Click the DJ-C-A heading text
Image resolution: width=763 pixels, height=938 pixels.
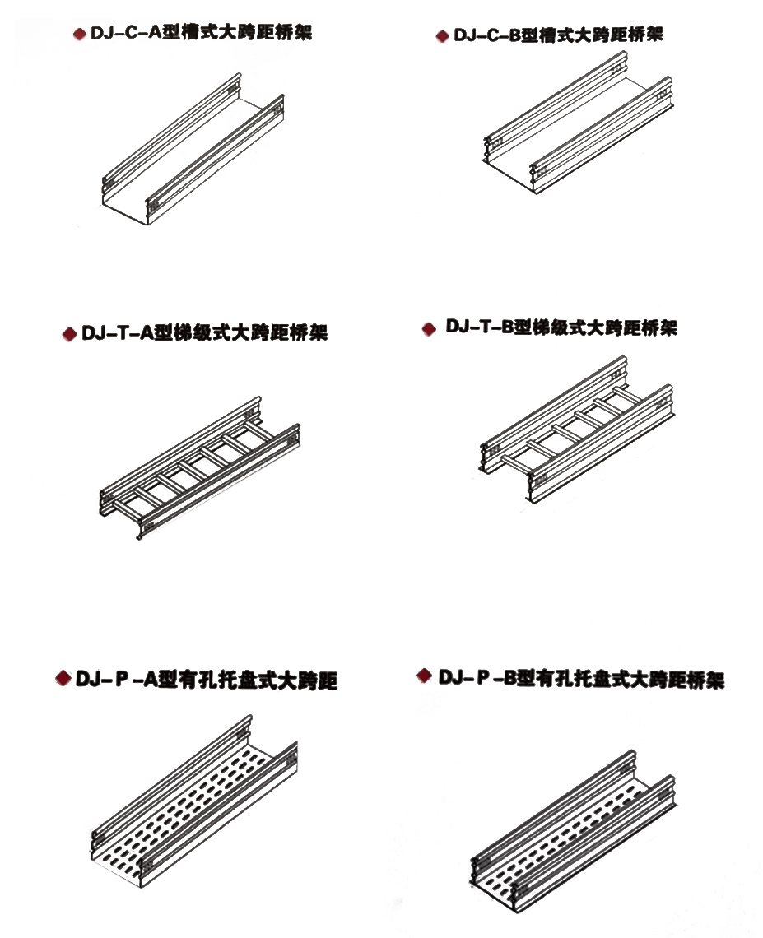[201, 32]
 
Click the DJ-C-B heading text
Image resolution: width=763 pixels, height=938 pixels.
[558, 35]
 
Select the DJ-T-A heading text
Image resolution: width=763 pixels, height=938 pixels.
[204, 332]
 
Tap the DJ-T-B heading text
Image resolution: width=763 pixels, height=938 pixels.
[561, 327]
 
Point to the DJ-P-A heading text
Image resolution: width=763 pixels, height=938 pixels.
[207, 680]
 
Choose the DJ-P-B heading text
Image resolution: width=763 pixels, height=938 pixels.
[581, 678]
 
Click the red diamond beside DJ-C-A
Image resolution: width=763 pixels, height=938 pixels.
[80, 34]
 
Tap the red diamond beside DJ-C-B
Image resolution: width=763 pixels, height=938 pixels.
[442, 36]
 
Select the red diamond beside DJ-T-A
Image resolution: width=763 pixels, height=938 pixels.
[69, 334]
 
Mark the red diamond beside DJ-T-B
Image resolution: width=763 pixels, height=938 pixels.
[429, 329]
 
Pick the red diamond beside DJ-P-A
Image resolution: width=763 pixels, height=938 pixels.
[63, 678]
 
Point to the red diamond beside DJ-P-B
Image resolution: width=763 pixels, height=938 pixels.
[424, 676]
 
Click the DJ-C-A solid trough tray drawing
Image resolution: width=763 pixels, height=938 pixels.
[193, 150]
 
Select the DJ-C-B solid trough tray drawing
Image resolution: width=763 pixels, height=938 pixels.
[578, 122]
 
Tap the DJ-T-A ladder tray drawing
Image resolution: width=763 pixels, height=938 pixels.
[199, 467]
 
